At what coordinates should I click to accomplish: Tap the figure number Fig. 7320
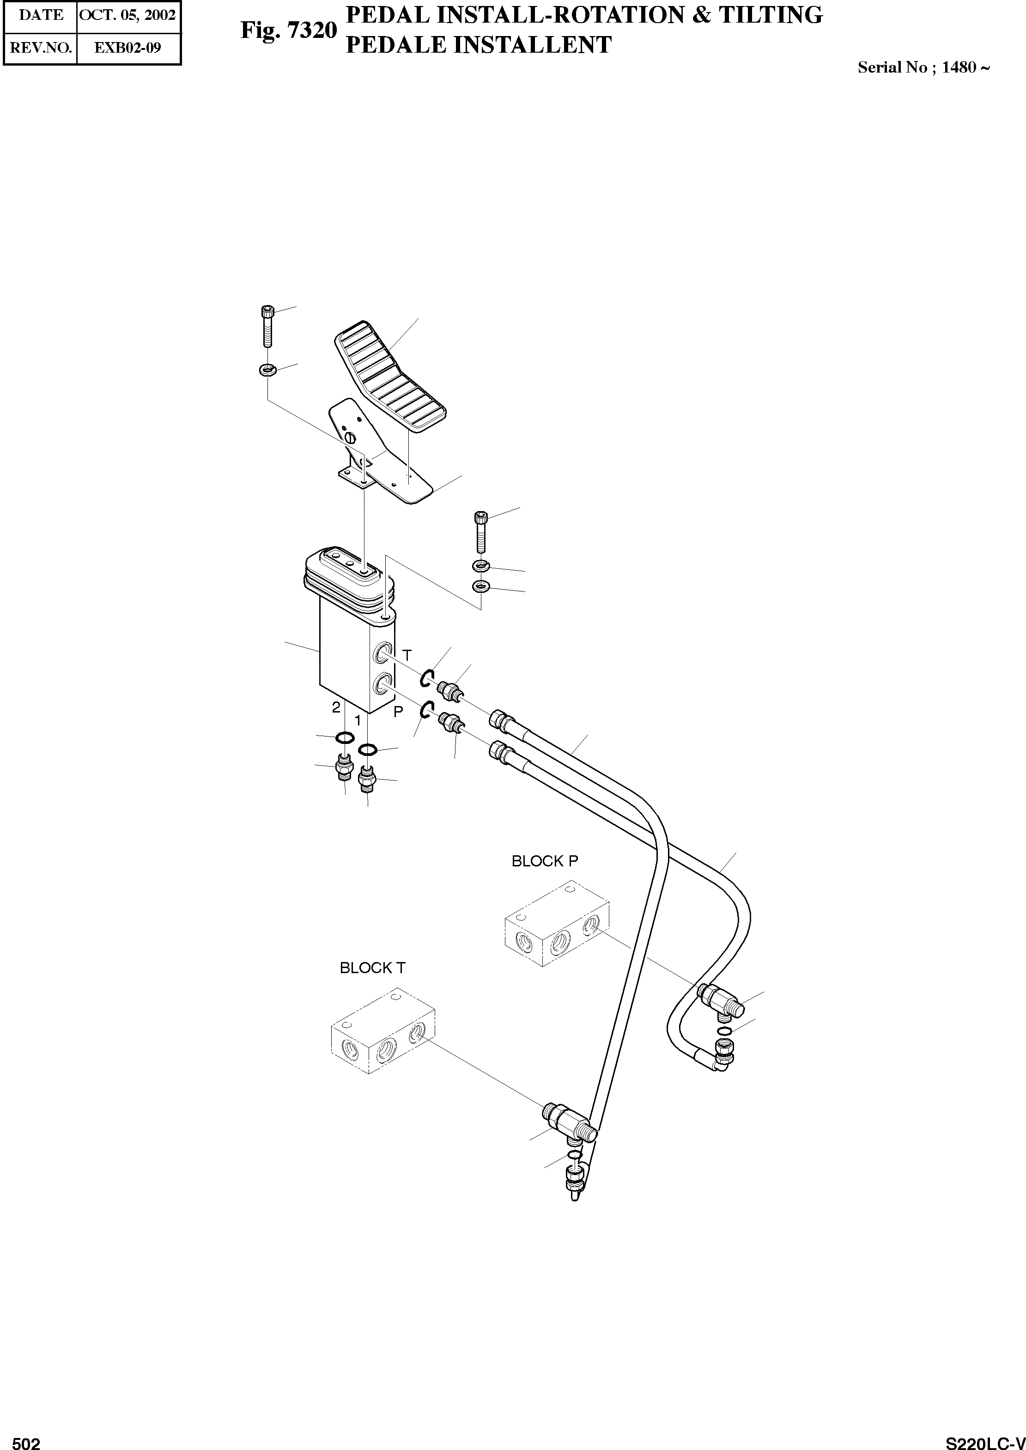click(x=288, y=30)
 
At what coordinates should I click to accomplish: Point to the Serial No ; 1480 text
click(x=923, y=67)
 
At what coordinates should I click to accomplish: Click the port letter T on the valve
click(x=407, y=655)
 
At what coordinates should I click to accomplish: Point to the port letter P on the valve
click(x=398, y=712)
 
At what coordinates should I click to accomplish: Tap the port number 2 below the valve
click(x=336, y=707)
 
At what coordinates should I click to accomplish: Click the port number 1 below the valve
click(x=358, y=720)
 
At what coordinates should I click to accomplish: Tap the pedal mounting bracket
click(x=379, y=455)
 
